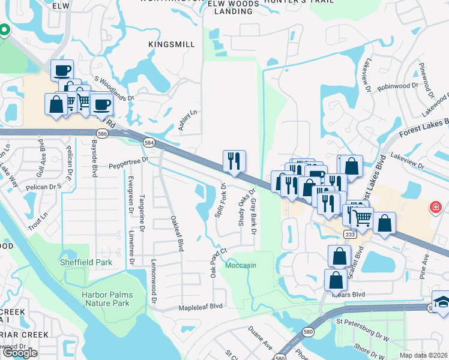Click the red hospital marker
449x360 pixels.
pyautogui.click(x=434, y=208)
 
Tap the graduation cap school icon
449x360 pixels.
pyautogui.click(x=442, y=302)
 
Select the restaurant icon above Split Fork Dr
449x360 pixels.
pyautogui.click(x=234, y=161)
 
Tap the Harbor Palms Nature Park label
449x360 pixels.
pyautogui.click(x=106, y=299)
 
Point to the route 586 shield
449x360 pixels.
pyautogui.click(x=103, y=134)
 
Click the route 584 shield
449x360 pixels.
pyautogui.click(x=149, y=142)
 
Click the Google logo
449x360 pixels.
pyautogui.click(x=20, y=353)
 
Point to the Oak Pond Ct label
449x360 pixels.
pyautogui.click(x=217, y=262)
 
